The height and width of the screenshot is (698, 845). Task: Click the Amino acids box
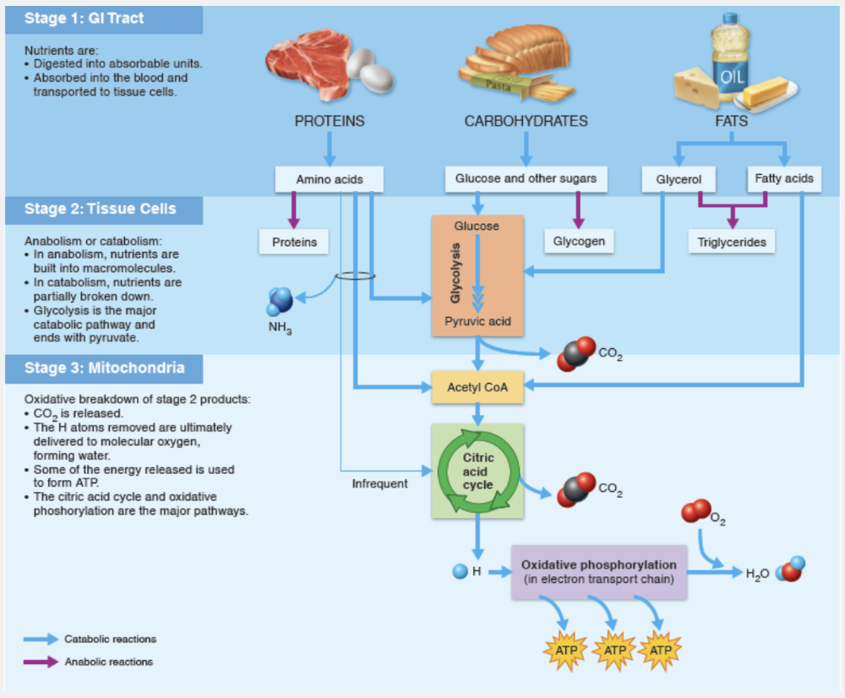[x=330, y=179]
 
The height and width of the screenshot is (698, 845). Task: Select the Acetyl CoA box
[x=478, y=388]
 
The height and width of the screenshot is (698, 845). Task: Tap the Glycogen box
[x=579, y=241]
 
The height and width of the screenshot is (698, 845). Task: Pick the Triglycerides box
[x=732, y=243]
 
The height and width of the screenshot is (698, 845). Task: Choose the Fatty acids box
[x=784, y=178]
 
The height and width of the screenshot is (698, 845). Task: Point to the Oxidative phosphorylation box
[x=598, y=571]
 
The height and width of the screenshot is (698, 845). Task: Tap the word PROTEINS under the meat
[x=330, y=121]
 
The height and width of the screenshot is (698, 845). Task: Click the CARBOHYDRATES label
[x=526, y=121]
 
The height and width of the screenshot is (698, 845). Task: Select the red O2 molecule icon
[x=696, y=510]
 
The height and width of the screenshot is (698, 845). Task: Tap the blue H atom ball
[x=460, y=571]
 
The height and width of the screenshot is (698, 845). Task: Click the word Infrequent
[x=379, y=483]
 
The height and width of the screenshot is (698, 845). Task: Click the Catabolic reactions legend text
[x=111, y=639]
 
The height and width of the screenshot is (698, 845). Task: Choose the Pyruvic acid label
[x=477, y=322]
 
